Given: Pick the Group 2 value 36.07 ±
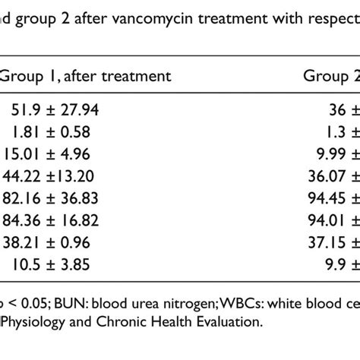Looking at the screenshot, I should tap(333, 176).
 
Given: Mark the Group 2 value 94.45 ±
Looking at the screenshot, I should tap(333, 198).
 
